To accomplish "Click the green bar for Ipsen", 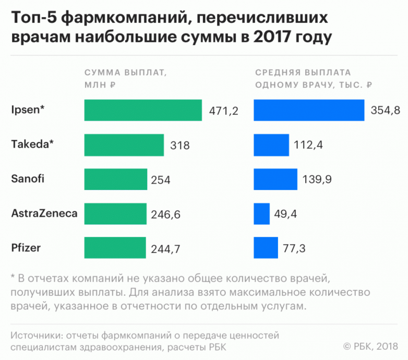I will pos(143,110).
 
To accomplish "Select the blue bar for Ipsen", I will pos(309,110).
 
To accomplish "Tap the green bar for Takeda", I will pos(124,145).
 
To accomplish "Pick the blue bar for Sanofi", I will pos(275,179).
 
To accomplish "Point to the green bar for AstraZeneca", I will pos(115,213).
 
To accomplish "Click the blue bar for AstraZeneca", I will pos(262,213).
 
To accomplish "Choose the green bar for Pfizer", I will pos(115,248).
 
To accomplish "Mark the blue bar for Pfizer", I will pos(266,248).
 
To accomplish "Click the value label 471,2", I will pos(223,111).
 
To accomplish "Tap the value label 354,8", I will pos(385,111).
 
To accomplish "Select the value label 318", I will pos(180,146).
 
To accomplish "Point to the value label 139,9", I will pos(317,180).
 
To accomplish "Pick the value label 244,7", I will pos(166,249).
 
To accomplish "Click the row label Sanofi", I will pos(28,178).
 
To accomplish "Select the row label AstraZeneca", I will pos(44,213).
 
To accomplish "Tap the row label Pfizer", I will pos(25,247).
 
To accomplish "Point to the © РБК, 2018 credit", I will pos(371,346).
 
